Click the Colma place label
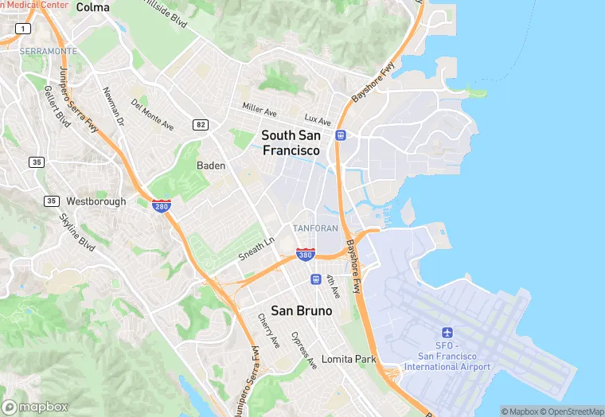(93, 7)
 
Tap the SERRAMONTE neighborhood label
(49, 51)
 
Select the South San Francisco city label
(291, 142)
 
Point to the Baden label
(211, 166)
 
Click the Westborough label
(96, 201)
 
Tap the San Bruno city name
(301, 310)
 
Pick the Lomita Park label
(349, 360)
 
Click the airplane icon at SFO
(447, 332)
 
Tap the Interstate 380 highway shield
(305, 254)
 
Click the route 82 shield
(200, 124)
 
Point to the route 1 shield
(24, 29)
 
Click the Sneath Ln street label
(256, 248)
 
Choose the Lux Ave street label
(317, 120)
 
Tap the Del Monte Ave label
(152, 115)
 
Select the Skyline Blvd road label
(77, 232)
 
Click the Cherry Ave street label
(268, 329)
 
